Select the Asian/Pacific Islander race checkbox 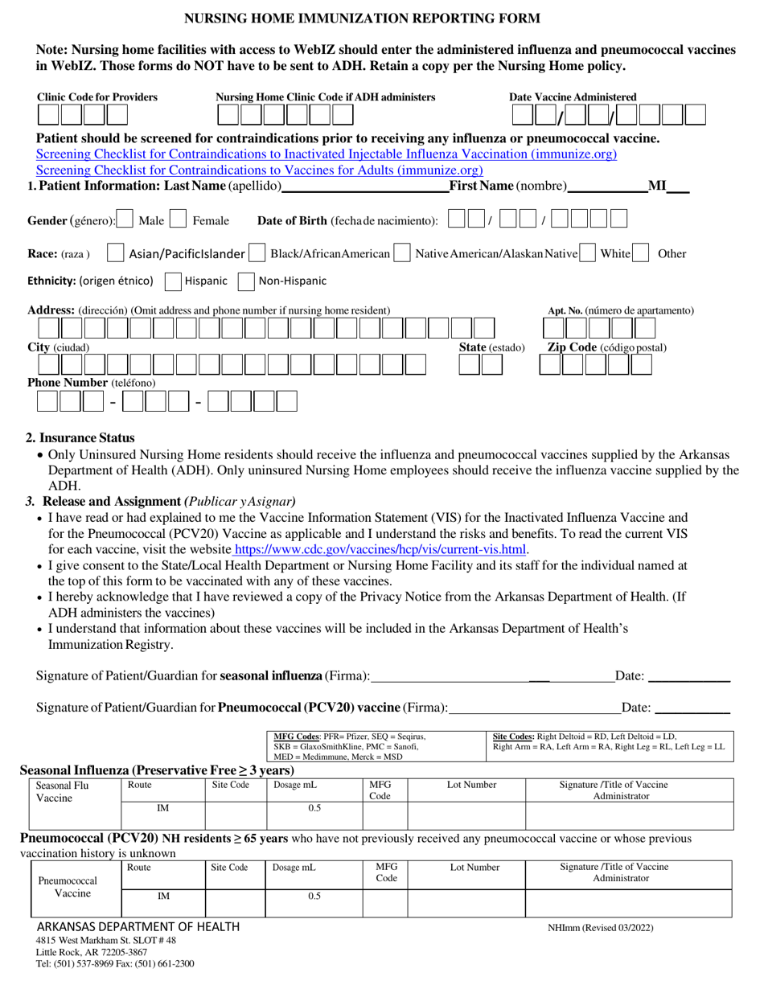coord(116,253)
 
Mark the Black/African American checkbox coord(257,253)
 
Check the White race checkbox coord(588,253)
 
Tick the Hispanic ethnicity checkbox coord(172,281)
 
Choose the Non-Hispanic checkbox coord(246,281)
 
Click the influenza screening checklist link coord(327,154)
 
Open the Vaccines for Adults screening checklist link coord(260,170)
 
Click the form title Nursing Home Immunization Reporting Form coord(363,18)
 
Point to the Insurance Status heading coord(80,438)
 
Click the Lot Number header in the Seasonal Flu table coord(471,785)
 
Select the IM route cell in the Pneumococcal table coord(163,896)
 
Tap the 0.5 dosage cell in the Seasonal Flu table coord(314,808)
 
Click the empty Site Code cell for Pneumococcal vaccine coord(235,902)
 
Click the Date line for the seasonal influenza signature coord(688,677)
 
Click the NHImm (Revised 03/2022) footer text coord(600,927)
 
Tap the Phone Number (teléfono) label coord(92,383)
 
